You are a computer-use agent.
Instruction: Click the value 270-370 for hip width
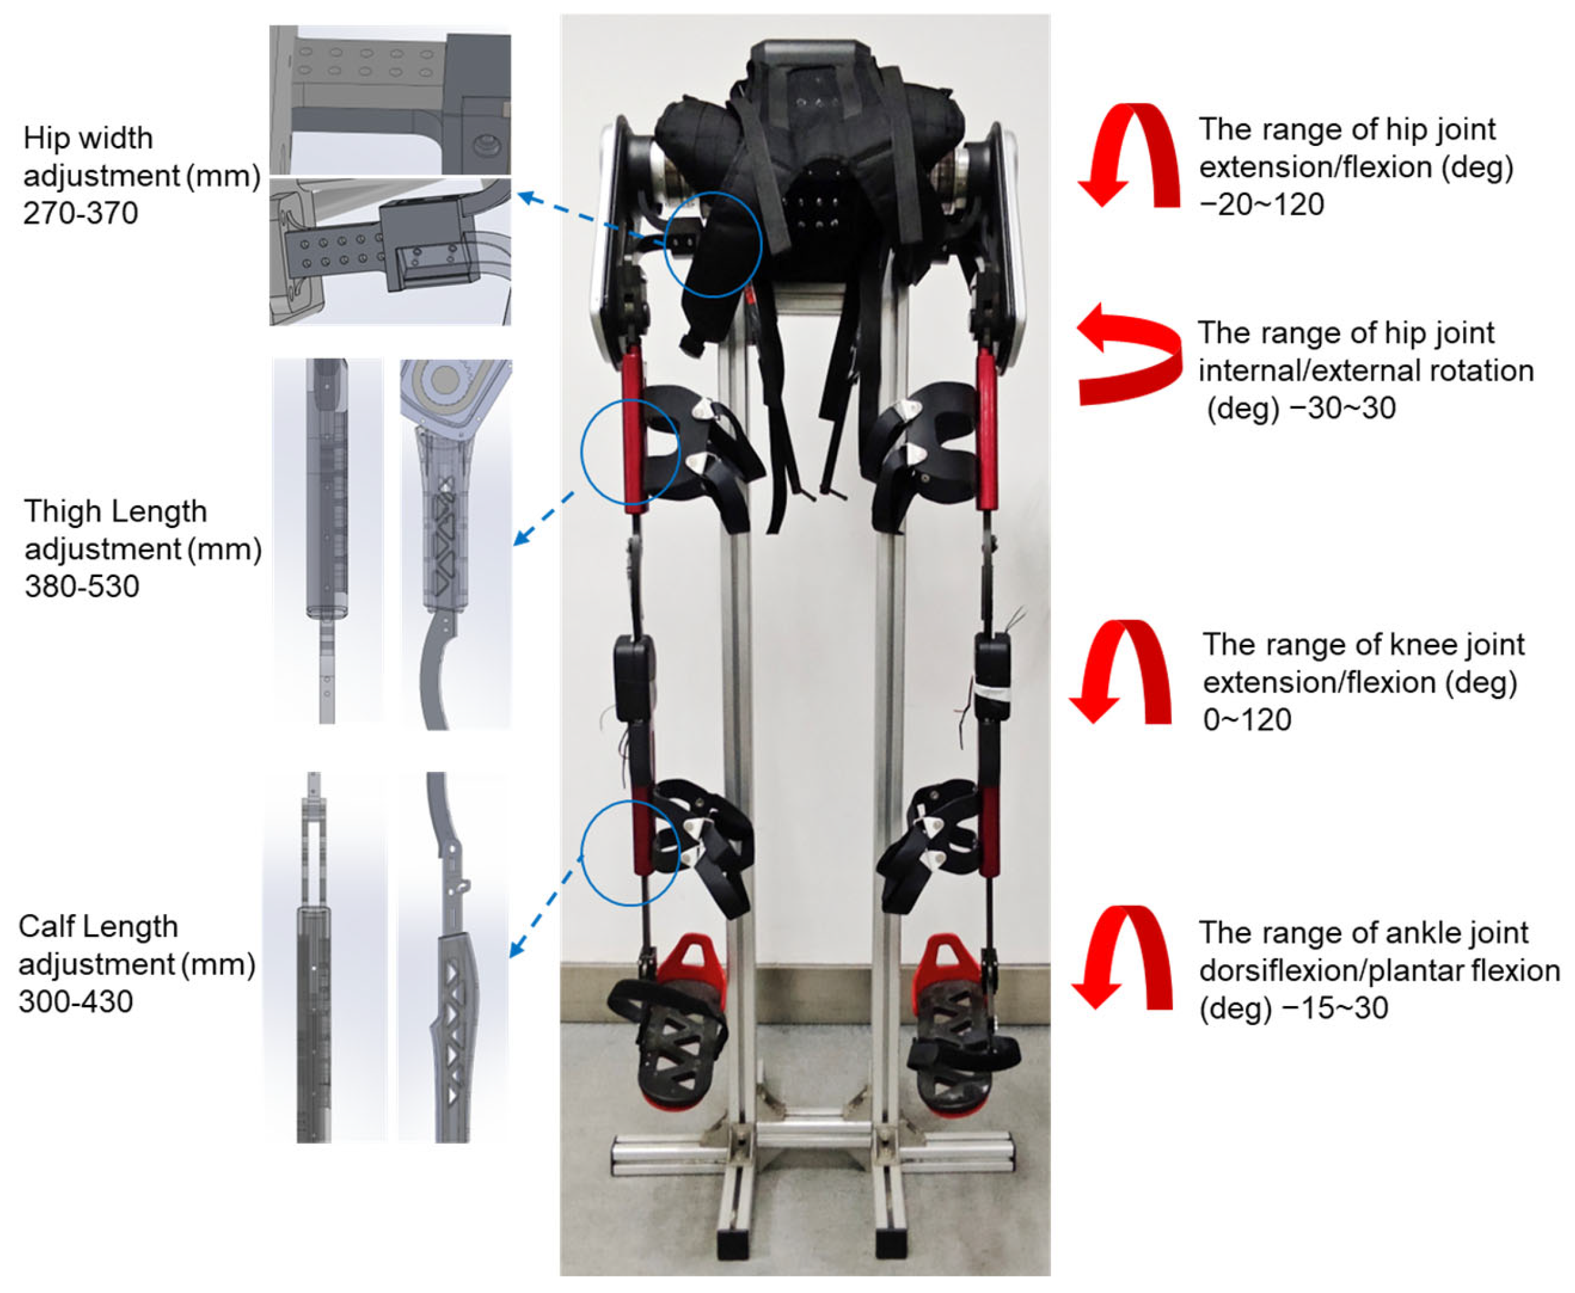tap(81, 214)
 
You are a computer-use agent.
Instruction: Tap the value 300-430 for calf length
tap(76, 1002)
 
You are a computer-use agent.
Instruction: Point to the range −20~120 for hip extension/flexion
tap(1261, 204)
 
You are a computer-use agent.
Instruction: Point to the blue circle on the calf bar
tap(582, 854)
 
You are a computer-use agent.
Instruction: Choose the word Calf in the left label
tap(44, 927)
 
